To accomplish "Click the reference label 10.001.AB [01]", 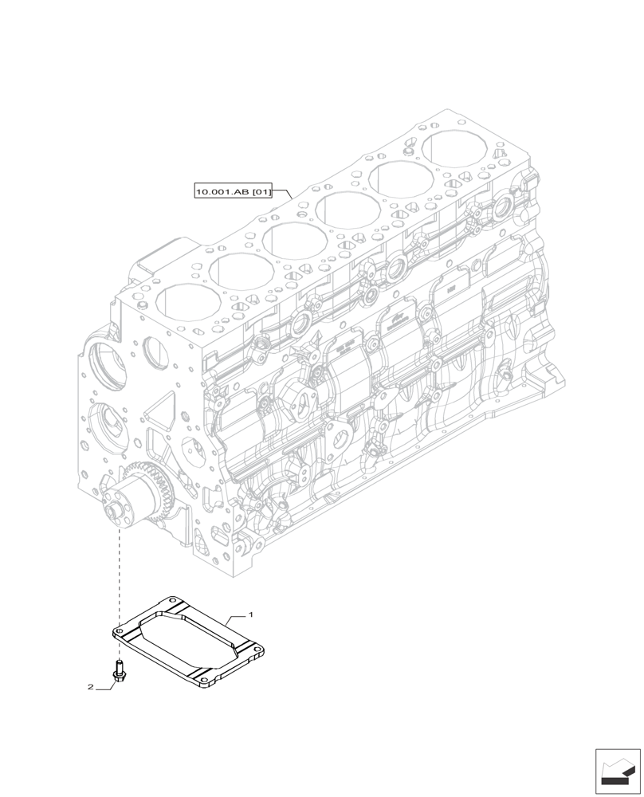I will coord(234,191).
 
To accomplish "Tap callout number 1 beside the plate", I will coord(251,615).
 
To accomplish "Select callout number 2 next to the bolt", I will coord(91,686).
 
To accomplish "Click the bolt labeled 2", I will coord(119,672).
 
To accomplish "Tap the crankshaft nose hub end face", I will coord(116,508).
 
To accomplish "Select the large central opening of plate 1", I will coord(188,642).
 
